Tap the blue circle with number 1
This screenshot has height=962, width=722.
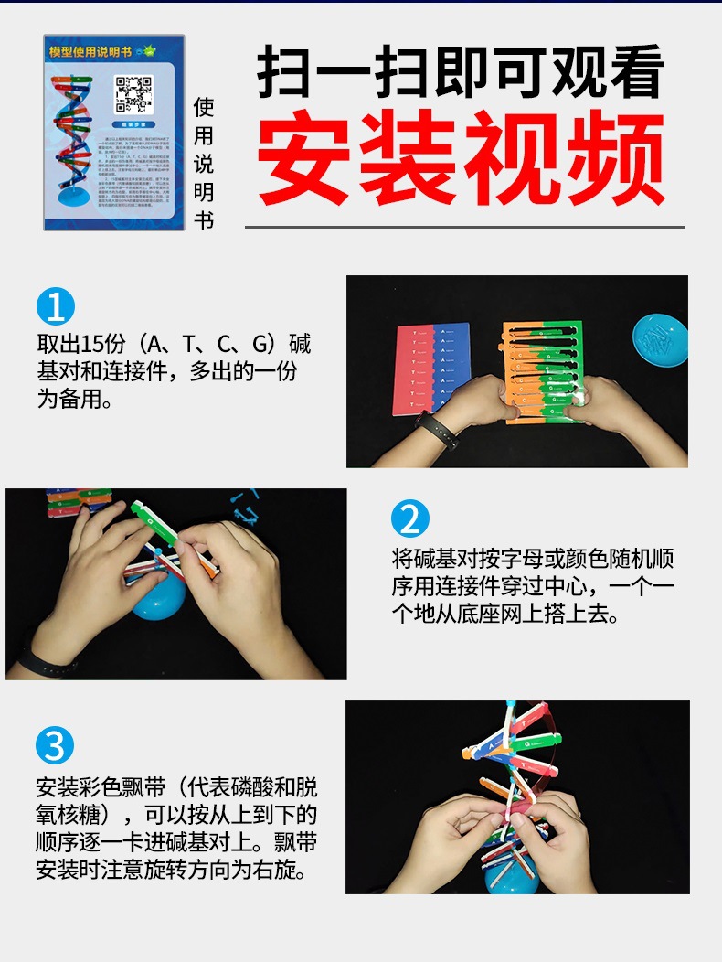click(55, 306)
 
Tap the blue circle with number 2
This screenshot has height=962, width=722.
click(409, 519)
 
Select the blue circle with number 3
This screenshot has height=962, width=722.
click(55, 747)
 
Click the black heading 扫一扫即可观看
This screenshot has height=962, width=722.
click(461, 73)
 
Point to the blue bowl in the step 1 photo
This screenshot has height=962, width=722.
click(660, 339)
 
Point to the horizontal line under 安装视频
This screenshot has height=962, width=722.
click(464, 227)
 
